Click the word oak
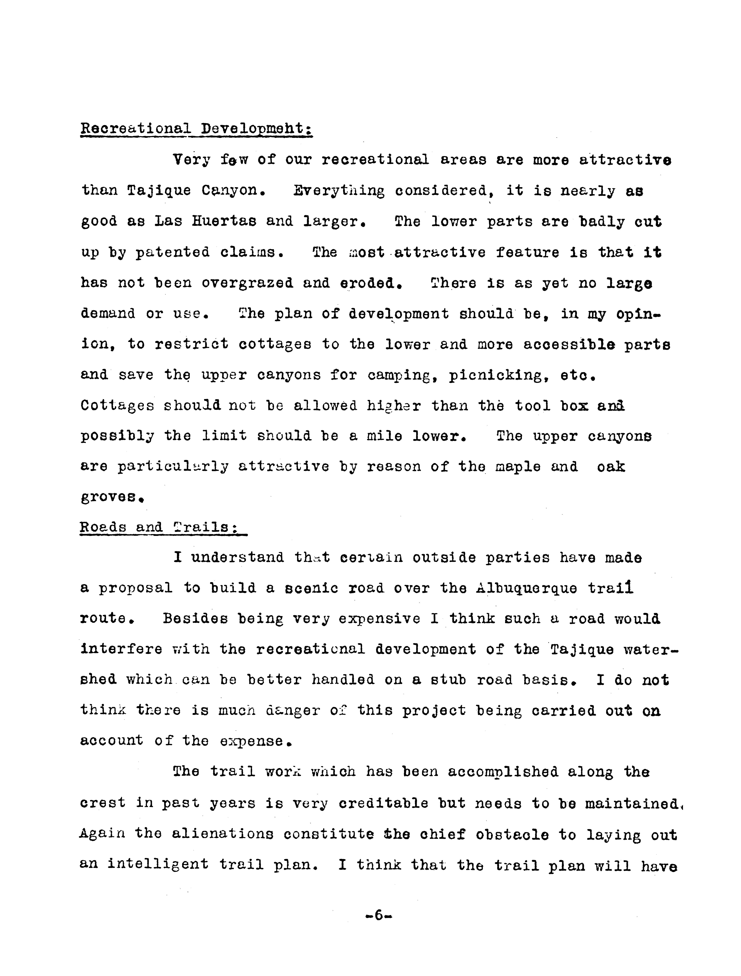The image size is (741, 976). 611,467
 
